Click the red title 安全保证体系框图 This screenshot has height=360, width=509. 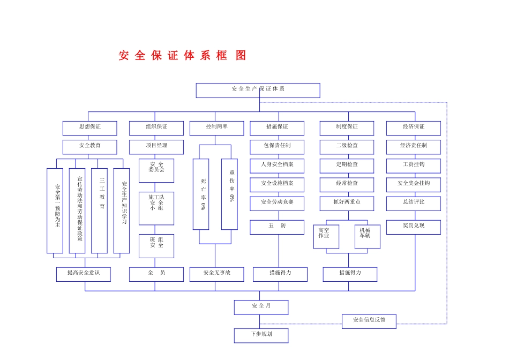(183, 56)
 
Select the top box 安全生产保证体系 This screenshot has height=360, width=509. (258, 90)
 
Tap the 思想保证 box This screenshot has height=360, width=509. (89, 127)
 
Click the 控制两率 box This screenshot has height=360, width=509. (216, 127)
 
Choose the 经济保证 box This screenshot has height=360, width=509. (413, 127)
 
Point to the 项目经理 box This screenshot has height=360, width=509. (156, 146)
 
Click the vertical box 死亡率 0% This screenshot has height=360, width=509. (201, 194)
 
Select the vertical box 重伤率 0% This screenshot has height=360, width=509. (230, 194)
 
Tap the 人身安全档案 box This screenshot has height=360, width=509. (277, 165)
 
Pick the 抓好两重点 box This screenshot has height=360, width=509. (347, 203)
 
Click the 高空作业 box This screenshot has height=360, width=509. (326, 236)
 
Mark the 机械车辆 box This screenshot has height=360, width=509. (367, 236)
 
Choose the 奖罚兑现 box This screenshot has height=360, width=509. (413, 227)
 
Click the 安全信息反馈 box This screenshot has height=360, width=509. (369, 321)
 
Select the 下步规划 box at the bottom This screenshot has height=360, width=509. (261, 335)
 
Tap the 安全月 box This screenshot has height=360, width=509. (261, 307)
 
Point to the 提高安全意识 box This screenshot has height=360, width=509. (84, 274)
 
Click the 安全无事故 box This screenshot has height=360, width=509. (216, 274)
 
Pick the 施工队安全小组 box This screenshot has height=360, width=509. (156, 208)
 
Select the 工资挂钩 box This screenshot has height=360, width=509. (413, 165)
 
